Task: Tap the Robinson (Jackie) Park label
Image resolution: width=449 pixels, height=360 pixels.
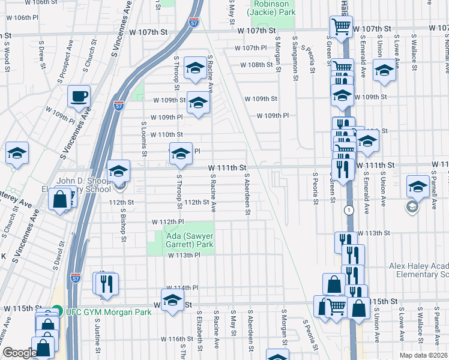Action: (273, 8)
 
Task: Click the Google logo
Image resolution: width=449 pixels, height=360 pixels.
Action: (20, 353)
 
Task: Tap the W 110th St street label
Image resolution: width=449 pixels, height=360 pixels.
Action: (166, 134)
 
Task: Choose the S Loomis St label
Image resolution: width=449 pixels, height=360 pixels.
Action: (144, 139)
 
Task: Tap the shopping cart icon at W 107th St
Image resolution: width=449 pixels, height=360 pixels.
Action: (340, 26)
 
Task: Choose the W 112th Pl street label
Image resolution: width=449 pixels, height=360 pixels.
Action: (167, 222)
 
